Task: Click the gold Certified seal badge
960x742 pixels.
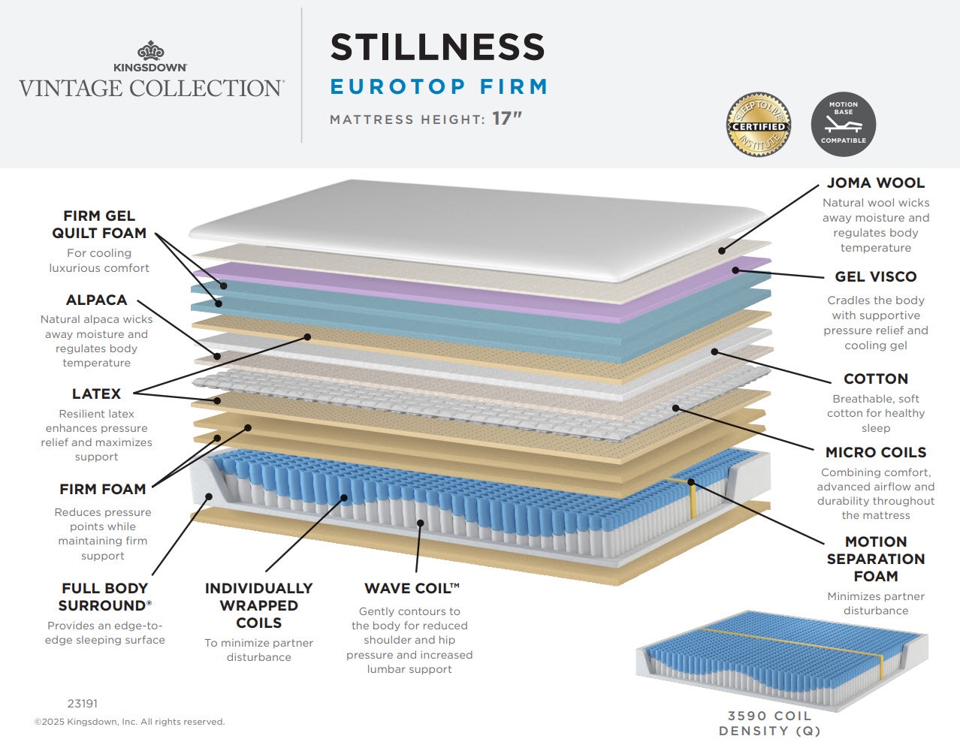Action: (x=759, y=124)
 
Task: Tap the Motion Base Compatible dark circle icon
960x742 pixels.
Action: (x=844, y=124)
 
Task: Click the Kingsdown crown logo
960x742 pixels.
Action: (x=151, y=50)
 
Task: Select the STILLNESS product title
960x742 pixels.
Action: (x=437, y=47)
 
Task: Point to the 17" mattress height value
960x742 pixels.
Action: (x=507, y=119)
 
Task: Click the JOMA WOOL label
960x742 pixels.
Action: (x=876, y=182)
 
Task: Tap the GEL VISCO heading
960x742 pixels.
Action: (x=876, y=277)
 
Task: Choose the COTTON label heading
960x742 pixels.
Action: (x=876, y=379)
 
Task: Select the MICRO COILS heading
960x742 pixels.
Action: (x=876, y=452)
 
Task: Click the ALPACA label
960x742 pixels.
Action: (x=96, y=300)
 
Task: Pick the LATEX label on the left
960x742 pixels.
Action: (x=96, y=394)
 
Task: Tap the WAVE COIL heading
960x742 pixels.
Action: (x=412, y=588)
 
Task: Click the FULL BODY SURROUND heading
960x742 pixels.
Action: (x=104, y=597)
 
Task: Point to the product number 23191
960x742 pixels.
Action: (x=82, y=704)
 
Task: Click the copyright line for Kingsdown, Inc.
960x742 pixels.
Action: (x=129, y=722)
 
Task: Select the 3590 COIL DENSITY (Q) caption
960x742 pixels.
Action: (x=770, y=723)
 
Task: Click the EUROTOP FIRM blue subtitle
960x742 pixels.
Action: (x=439, y=86)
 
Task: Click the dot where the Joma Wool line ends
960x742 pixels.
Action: (x=721, y=251)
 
